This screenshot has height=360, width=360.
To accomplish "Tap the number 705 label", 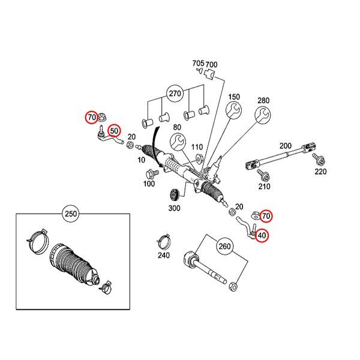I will coord(197,64).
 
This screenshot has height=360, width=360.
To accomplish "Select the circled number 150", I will coord(233,97).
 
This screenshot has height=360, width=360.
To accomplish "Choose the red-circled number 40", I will coord(262,236).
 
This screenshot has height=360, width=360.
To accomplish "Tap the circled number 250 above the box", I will coord(70,214).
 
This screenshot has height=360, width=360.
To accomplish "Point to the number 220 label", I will coord(320,172).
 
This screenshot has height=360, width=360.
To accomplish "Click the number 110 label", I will coord(197,148).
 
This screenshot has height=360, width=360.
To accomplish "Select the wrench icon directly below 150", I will coord(233,112).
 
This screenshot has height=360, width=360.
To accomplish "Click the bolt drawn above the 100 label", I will coord(151,174).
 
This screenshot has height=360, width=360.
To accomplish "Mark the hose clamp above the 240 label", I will coord(163,240).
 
